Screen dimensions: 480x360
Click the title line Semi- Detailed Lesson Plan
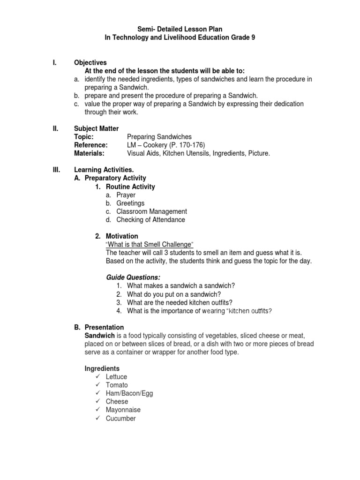pyautogui.click(x=180, y=29)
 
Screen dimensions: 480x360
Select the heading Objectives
pyautogui.click(x=90, y=62)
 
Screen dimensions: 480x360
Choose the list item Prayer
pyautogui.click(x=126, y=195)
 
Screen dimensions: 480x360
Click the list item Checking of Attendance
pyautogui.click(x=150, y=220)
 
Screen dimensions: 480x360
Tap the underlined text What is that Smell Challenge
pyautogui.click(x=150, y=245)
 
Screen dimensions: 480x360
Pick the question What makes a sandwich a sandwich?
pyautogui.click(x=181, y=286)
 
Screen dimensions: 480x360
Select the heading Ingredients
pyautogui.click(x=102, y=368)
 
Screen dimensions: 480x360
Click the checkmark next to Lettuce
pyautogui.click(x=97, y=377)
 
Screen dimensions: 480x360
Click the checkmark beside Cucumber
pyautogui.click(x=97, y=419)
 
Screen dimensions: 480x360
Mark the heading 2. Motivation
pyautogui.click(x=117, y=236)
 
